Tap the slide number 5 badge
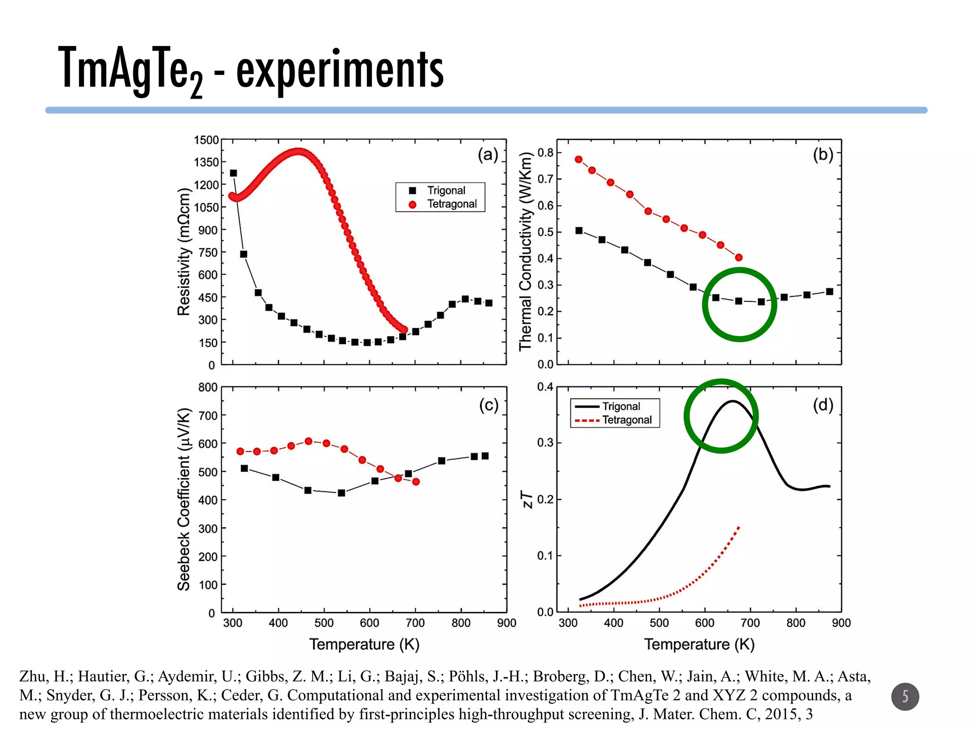tap(905, 696)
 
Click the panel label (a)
tap(488, 155)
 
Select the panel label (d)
tap(823, 405)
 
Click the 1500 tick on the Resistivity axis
tap(206, 140)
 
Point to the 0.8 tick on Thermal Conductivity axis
tap(545, 153)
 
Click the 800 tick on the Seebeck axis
tap(208, 387)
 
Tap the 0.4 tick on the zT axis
tap(545, 387)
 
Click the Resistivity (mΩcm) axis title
tap(183, 252)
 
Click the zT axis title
tap(528, 499)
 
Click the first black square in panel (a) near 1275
tap(233, 173)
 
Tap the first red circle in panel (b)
tap(579, 159)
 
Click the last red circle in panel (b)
tap(739, 258)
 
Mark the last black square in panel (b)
tap(830, 292)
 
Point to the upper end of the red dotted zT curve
tap(739, 527)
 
